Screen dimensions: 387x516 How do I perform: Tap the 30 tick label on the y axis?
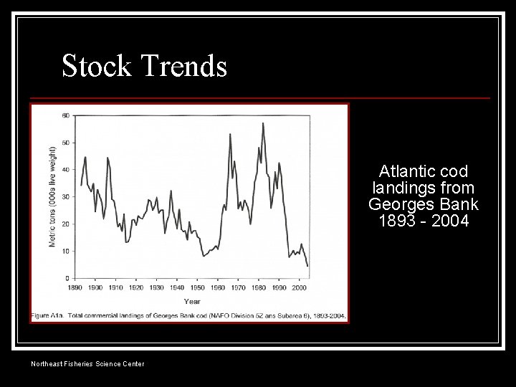(x=65, y=197)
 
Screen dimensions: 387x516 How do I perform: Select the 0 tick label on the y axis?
(x=67, y=278)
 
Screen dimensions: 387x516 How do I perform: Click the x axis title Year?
(x=192, y=300)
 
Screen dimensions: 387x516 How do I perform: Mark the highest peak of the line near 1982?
(x=263, y=123)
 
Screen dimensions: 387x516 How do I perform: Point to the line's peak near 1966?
(x=230, y=134)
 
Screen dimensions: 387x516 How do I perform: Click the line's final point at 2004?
(x=307, y=266)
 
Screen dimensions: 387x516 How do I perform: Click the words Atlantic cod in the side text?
(x=424, y=172)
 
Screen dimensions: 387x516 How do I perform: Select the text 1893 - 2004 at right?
(x=424, y=221)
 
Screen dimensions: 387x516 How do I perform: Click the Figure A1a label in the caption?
(x=49, y=315)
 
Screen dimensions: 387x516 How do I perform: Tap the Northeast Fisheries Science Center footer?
(x=87, y=364)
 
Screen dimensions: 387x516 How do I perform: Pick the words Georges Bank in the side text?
(x=424, y=204)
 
